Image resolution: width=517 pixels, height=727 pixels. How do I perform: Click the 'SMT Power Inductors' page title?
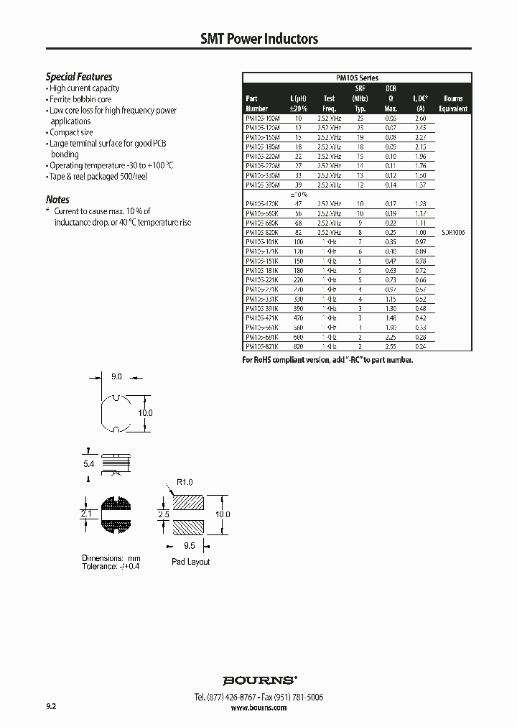[x=258, y=39]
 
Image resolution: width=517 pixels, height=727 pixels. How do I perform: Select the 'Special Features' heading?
[x=79, y=77]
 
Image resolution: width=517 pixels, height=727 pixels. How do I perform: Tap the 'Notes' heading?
[x=57, y=200]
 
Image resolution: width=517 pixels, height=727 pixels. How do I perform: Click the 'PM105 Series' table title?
[x=357, y=78]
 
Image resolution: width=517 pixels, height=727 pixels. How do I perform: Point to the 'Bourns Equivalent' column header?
[x=453, y=103]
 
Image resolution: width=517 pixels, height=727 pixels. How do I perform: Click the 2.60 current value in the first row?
[x=420, y=117]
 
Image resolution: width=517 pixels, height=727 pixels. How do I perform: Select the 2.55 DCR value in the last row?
[x=391, y=346]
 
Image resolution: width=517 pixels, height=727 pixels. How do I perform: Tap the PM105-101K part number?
[x=263, y=242]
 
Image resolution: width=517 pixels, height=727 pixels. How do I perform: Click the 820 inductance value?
[x=297, y=346]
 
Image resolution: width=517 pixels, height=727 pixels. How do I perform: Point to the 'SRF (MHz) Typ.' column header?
[x=360, y=98]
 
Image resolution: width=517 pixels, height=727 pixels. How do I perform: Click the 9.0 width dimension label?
[x=117, y=376]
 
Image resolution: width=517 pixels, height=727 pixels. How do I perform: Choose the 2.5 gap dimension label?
[x=162, y=515]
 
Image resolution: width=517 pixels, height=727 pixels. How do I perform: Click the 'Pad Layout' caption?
[x=190, y=562]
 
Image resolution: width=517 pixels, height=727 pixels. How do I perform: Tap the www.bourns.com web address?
[x=259, y=708]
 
